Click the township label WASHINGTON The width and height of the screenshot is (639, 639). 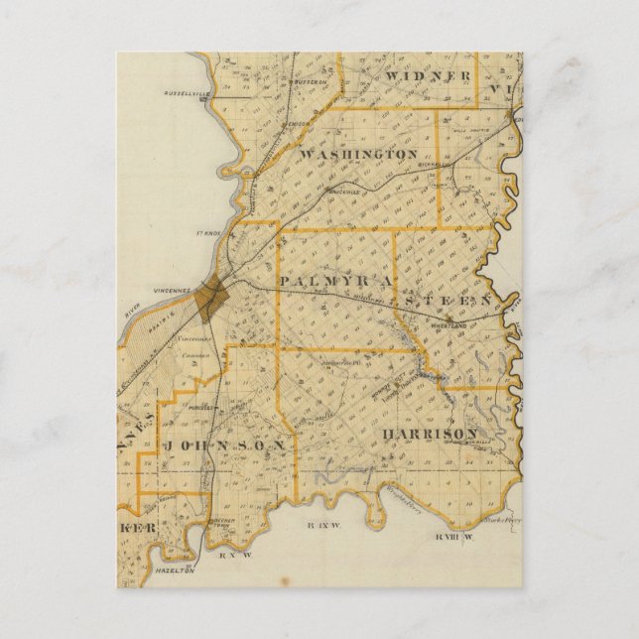point(357,155)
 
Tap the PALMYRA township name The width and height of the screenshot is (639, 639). point(328,282)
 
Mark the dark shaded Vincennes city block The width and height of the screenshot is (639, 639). point(210,299)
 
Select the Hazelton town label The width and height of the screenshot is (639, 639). point(176,572)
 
